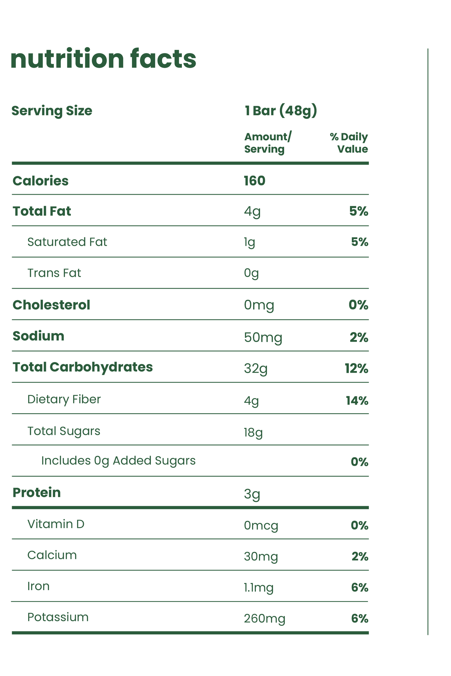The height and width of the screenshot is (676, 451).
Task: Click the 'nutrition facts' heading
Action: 103,59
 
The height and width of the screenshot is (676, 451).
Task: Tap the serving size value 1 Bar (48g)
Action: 281,111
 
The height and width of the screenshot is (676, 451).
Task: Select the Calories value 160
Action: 254,181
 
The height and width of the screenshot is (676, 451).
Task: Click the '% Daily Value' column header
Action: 349,143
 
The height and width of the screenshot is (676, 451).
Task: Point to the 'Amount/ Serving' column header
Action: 267,143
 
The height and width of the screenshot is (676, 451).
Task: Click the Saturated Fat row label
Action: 67,242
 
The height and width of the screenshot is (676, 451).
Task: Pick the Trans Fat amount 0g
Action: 251,273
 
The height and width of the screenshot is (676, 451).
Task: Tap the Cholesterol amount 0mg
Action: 259,305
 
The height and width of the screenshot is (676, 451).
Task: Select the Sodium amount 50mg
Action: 263,338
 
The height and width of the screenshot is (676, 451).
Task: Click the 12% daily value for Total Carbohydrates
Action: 356,369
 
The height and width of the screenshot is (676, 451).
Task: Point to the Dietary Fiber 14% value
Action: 357,400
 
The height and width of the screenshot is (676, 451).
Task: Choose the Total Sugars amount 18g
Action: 253,432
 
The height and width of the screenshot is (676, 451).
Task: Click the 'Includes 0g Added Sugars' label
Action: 118,461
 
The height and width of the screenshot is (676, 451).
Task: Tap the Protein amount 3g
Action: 252,494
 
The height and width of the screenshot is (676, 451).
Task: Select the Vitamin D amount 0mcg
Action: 261,525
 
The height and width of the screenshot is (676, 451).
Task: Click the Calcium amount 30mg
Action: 261,556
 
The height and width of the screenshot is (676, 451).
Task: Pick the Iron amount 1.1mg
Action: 259,587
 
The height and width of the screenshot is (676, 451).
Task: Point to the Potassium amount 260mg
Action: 265,619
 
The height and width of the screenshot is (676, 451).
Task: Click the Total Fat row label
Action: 42,211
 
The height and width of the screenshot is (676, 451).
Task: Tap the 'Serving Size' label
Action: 52,111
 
